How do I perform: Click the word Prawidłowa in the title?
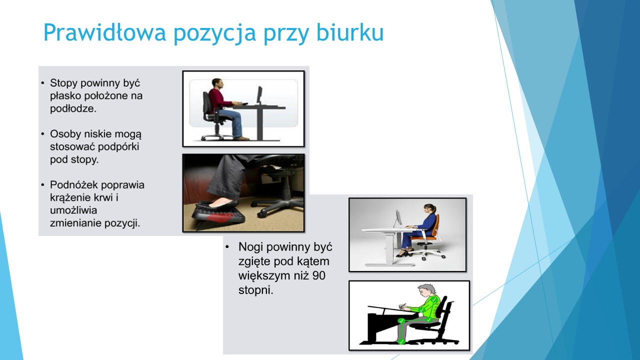coord(104,32)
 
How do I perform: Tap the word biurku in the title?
coord(350,32)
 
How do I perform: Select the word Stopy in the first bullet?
coord(63,83)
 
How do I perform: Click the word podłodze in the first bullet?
coord(73,108)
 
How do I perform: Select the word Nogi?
coord(250,247)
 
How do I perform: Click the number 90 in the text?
coord(319,275)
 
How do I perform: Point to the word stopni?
coord(255,290)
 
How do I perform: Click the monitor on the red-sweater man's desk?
coord(259,95)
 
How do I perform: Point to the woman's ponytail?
coord(435,209)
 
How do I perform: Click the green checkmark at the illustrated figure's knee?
coord(401,321)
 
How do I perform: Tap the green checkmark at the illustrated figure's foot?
coord(401,341)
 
